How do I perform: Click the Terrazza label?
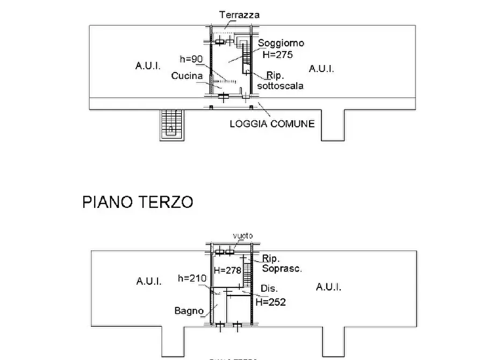(239, 15)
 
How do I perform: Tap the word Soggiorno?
(281, 43)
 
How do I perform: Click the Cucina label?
(187, 76)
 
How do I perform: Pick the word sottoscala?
(280, 85)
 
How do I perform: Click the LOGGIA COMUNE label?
(272, 124)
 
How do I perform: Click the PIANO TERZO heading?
(138, 202)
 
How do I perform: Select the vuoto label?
(242, 236)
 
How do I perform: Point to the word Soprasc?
(282, 268)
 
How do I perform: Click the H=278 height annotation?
(227, 270)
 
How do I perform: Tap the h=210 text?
(192, 278)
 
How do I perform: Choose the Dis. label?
(269, 288)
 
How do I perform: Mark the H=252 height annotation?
(270, 303)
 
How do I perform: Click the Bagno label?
(189, 311)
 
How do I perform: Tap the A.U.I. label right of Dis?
(329, 287)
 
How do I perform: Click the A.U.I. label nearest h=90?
(148, 66)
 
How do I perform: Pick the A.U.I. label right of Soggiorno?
(321, 68)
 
